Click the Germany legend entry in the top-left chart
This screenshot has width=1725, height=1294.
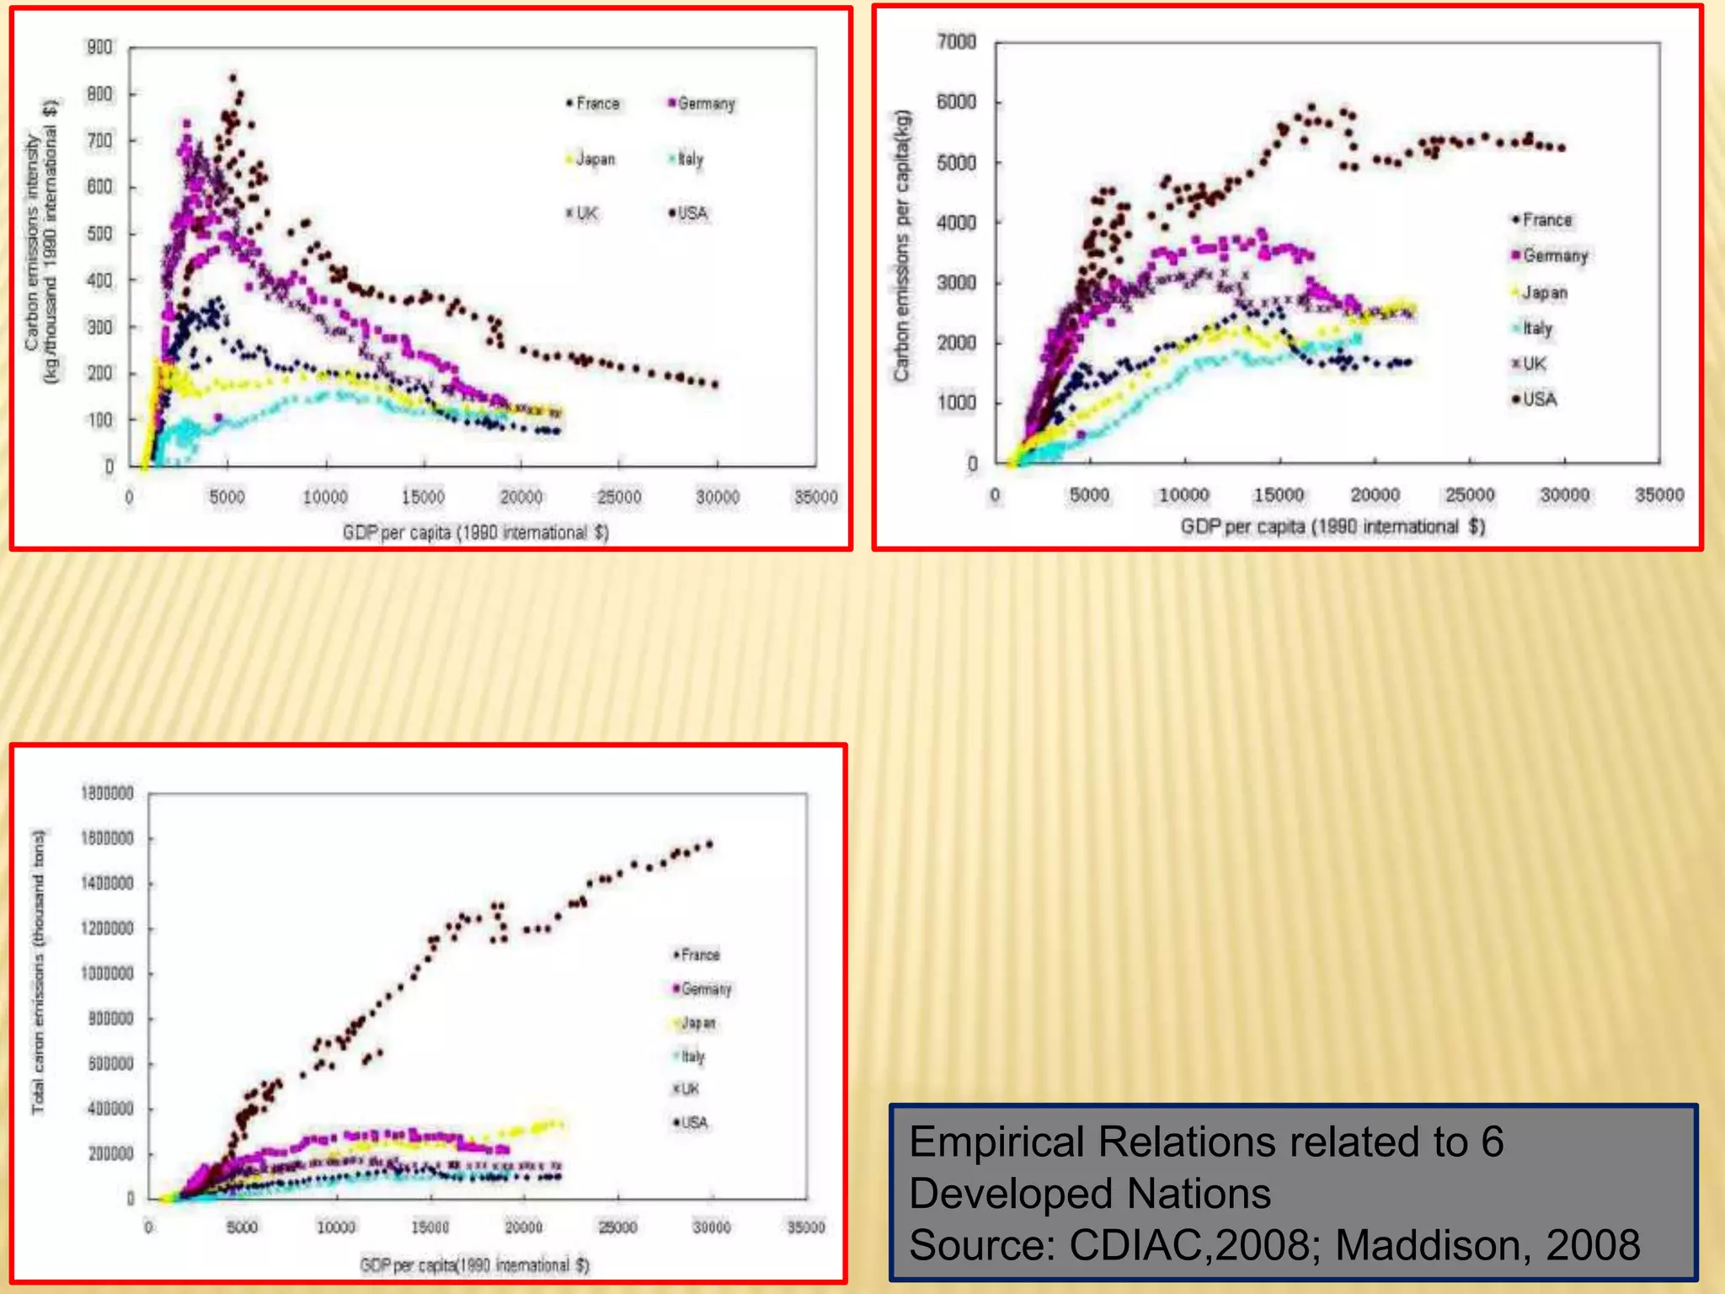pos(702,104)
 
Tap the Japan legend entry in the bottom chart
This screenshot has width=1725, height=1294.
pos(695,1023)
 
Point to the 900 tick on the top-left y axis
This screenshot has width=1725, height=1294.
pos(99,47)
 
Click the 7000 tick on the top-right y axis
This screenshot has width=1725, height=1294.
pos(956,41)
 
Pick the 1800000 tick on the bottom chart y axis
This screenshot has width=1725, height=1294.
pos(107,793)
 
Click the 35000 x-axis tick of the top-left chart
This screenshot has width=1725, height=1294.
pos(815,497)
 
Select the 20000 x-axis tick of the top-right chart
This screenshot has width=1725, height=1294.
pos(1375,495)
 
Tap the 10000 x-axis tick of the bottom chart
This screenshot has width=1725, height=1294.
pos(335,1227)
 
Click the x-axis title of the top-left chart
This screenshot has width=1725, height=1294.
pos(475,532)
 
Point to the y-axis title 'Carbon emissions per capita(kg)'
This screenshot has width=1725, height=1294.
pos(902,244)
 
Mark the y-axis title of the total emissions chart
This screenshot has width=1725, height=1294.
pos(38,970)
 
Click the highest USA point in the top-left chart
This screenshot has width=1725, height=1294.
pos(233,78)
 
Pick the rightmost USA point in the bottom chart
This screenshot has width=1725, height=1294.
pos(710,843)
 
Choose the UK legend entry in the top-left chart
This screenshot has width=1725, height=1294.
pos(582,213)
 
